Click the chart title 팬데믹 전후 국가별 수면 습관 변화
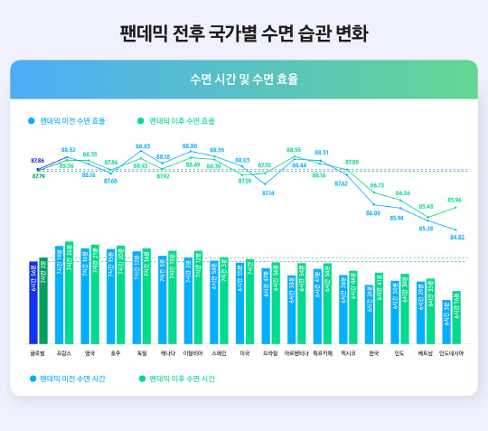coord(244,34)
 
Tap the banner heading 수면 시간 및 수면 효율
coord(244,80)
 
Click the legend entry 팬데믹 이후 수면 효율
coord(181,119)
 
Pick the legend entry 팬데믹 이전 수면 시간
coord(72,379)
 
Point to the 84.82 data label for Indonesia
coord(456,238)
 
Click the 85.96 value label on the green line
coord(454,200)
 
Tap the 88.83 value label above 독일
coord(143,146)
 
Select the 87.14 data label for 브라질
coord(268,193)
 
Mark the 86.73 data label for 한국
coord(377,185)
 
